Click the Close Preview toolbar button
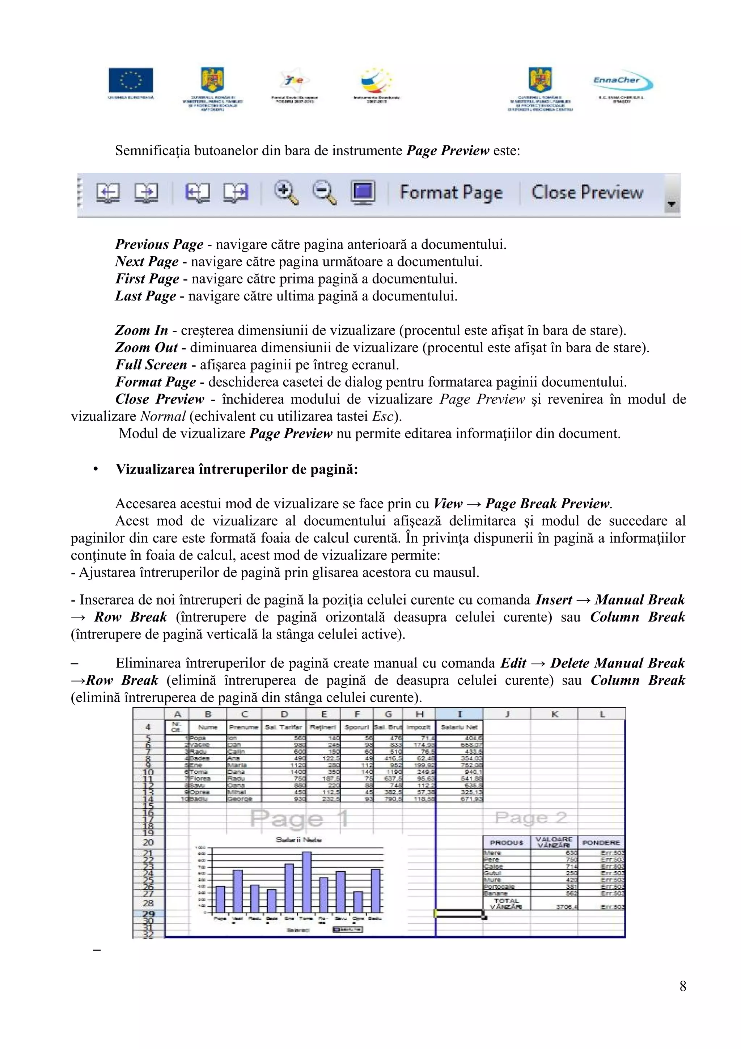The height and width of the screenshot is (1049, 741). pos(587,192)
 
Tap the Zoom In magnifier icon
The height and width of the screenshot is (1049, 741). pos(286,192)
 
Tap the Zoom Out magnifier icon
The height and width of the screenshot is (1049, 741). pos(325,192)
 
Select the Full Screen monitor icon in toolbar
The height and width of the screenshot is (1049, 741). pos(363,191)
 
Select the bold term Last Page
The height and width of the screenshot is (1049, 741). pos(145,296)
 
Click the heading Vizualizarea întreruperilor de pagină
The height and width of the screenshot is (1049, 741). pos(237,469)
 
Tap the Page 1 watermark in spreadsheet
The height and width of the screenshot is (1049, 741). pos(299,818)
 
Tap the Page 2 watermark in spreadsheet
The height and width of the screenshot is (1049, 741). pos(531,817)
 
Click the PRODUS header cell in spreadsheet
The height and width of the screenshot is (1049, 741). pos(506,842)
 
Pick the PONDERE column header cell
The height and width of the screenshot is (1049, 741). pos(601,842)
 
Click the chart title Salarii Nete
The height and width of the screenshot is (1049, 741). pos(298,840)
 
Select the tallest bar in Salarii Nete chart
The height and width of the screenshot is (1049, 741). pos(306,882)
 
